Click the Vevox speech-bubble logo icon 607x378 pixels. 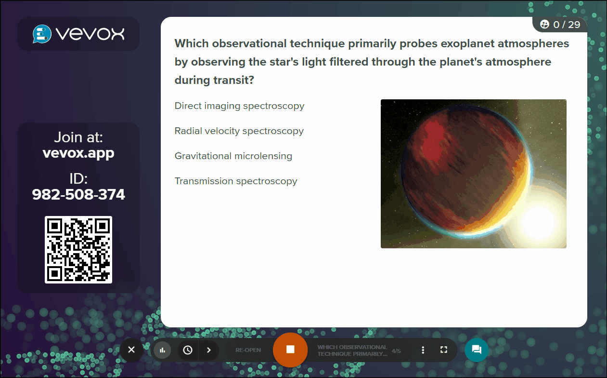(42, 34)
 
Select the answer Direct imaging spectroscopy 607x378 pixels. (239, 106)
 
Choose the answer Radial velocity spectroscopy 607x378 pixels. (239, 131)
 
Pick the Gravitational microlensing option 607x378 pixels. (233, 156)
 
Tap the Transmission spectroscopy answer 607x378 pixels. (236, 181)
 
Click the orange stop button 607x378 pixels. (290, 350)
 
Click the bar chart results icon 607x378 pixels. (162, 350)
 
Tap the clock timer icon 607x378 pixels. (188, 350)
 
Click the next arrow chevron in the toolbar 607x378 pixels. (208, 350)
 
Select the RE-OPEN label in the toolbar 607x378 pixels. (248, 350)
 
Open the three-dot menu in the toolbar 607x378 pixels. (423, 350)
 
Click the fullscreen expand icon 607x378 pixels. (444, 350)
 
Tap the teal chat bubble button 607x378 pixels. (477, 350)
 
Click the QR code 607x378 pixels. (78, 250)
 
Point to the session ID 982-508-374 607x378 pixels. (78, 194)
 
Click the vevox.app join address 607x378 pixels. (78, 153)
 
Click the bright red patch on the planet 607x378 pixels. (434, 143)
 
